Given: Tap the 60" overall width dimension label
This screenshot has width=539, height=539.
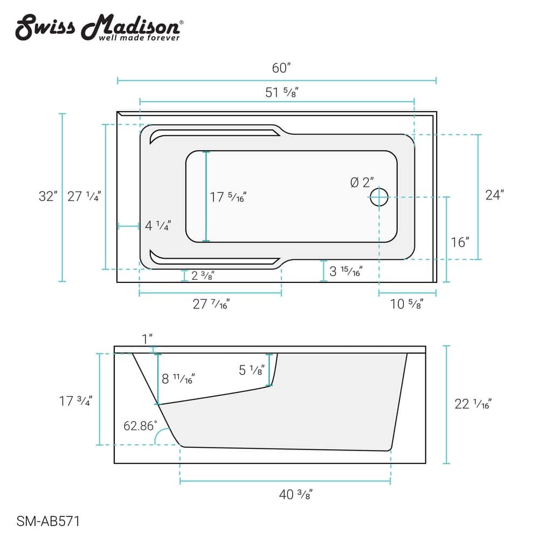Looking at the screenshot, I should (x=281, y=68).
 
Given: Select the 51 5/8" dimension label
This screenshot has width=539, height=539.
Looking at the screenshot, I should (x=281, y=92).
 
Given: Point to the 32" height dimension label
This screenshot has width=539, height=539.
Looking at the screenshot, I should (x=48, y=196).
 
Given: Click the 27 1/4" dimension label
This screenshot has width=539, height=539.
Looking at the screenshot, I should (x=84, y=196).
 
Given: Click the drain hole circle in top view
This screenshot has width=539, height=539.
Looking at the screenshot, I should (x=379, y=197).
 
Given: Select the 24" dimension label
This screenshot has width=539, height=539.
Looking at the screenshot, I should (x=494, y=195).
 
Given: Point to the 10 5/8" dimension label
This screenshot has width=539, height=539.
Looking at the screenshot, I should (x=406, y=305).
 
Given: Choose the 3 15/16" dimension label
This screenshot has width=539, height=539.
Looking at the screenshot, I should (x=345, y=271).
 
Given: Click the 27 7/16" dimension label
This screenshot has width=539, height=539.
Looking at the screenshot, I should (x=211, y=305).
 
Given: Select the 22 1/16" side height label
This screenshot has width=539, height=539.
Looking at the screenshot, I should (x=473, y=403).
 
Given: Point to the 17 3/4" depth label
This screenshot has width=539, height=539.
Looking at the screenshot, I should (x=76, y=400).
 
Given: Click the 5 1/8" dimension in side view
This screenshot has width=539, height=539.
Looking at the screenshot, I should (x=251, y=370).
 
